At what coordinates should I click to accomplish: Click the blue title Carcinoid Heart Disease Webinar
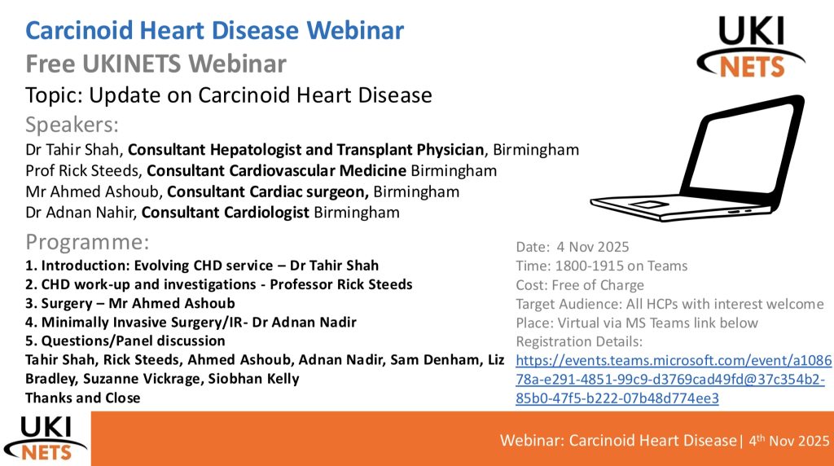[214, 30]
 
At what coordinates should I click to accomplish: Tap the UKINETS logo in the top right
[750, 46]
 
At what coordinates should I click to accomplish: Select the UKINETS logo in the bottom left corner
[46, 438]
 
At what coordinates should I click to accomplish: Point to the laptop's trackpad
[648, 204]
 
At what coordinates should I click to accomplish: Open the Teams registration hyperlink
[674, 380]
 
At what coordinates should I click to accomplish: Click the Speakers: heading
[72, 125]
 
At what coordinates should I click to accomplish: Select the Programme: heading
[87, 242]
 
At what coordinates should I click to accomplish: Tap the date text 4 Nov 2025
[593, 247]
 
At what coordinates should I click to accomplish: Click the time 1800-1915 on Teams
[621, 266]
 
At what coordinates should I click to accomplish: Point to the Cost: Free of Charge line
[580, 285]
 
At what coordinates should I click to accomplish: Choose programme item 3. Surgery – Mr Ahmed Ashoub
[130, 303]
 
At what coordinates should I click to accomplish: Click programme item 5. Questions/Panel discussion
[125, 341]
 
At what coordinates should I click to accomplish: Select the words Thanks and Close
[83, 398]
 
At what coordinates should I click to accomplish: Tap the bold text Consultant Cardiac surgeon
[267, 191]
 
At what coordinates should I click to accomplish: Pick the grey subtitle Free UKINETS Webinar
[156, 64]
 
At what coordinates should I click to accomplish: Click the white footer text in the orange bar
[665, 441]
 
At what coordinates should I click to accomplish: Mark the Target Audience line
[669, 304]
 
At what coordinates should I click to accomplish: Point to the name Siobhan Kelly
[254, 379]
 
